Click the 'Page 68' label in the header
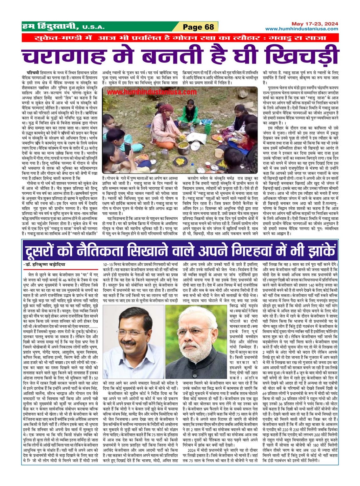coord(199,27)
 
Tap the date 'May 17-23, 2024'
coord(315,24)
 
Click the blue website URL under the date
coord(301,29)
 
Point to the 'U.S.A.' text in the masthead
coord(93,27)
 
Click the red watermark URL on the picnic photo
coord(152,92)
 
